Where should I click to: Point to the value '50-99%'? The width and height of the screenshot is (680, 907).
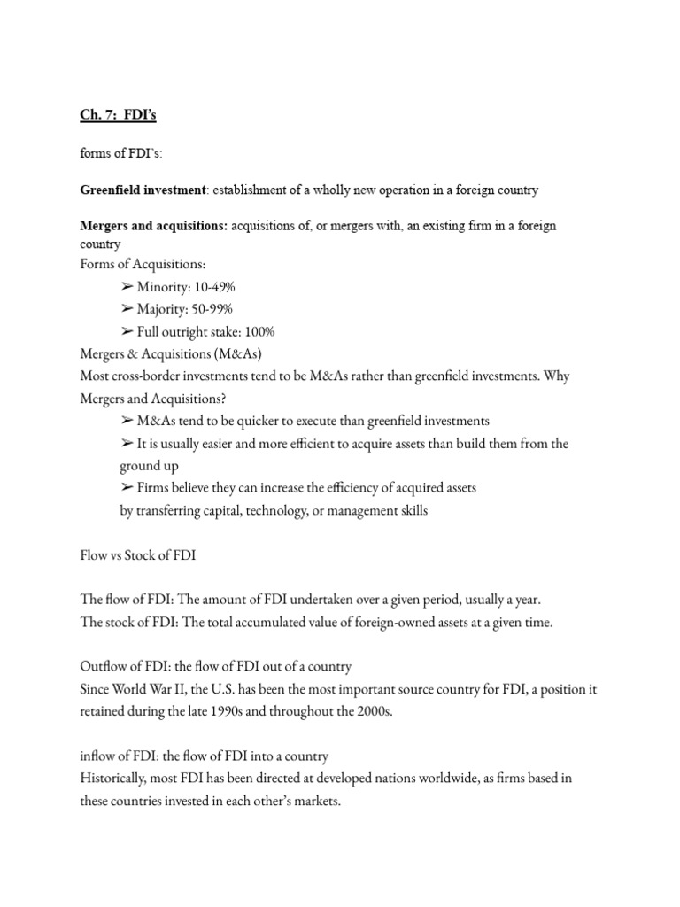212,309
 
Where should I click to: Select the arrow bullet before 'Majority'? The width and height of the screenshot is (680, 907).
127,309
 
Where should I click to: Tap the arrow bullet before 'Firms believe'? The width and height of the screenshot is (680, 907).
127,487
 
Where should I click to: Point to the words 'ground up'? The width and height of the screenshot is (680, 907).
148,465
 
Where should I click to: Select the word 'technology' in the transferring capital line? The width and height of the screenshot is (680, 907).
266,511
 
